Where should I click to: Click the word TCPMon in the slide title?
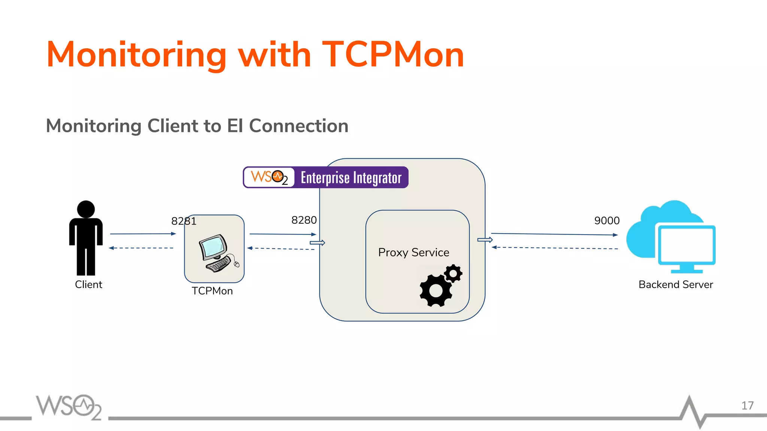393,55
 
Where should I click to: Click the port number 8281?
184,221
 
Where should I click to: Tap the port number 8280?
304,220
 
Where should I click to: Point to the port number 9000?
607,221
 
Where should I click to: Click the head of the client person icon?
86,209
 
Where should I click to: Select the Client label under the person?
88,284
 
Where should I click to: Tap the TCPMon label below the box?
212,291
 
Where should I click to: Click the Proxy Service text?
413,253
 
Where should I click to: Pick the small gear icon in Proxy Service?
454,273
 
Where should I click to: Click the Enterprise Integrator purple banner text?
351,178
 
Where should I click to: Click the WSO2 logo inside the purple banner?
269,177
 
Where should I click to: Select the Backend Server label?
675,285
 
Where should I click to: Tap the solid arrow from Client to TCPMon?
142,234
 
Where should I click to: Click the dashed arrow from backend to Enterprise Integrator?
554,248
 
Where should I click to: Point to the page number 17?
747,406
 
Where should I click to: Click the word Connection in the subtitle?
298,126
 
